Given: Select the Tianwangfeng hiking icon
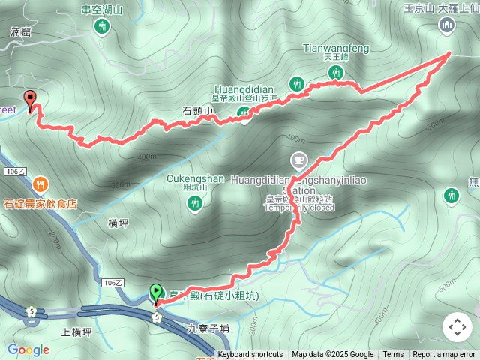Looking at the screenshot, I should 336,72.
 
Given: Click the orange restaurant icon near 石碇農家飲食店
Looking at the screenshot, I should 40,184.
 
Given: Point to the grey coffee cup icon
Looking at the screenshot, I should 299,160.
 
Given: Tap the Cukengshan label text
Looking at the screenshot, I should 195,178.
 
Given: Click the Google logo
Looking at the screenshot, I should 28,349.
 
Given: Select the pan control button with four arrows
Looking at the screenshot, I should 457,328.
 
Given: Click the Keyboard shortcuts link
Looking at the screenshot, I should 250,355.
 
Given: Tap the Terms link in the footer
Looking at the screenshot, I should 393,355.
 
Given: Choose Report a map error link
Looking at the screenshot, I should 444,355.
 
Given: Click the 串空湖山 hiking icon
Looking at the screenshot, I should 103,27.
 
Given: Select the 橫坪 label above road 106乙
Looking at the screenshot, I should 119,223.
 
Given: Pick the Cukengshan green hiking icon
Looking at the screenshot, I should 196,202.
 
